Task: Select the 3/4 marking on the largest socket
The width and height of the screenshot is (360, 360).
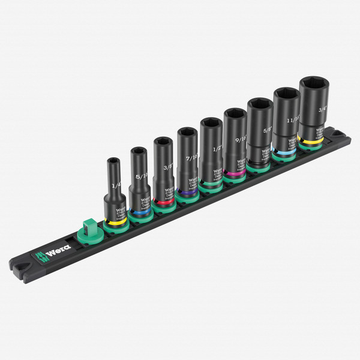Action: point(322,110)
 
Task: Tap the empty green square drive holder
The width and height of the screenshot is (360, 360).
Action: point(87,231)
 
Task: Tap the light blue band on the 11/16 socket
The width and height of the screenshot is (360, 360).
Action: point(285,152)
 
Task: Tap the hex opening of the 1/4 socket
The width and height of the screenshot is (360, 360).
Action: point(113,161)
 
